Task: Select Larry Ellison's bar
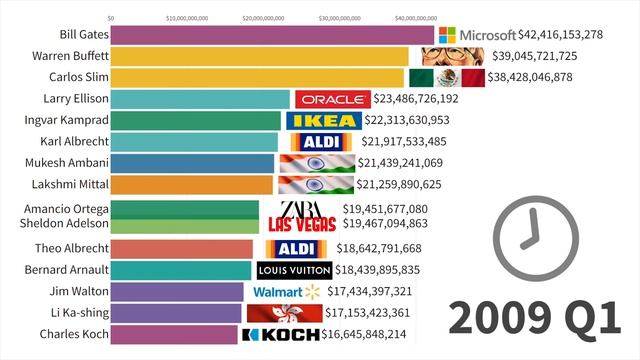coord(200,99)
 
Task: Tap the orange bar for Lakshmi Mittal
coord(191,184)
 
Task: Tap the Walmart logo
coord(284,291)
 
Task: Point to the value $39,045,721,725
coord(539,56)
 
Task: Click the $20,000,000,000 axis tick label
coord(270,18)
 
